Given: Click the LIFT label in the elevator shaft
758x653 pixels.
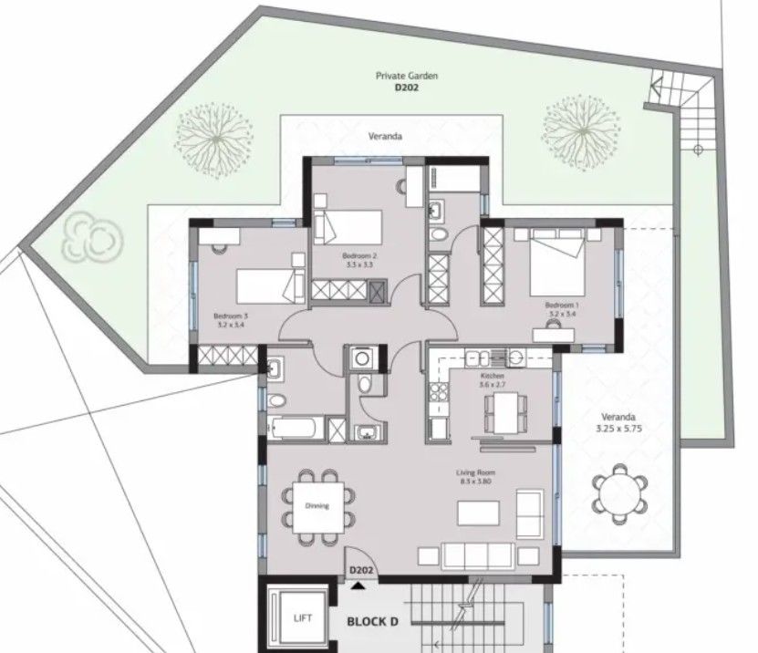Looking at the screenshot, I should point(303,618).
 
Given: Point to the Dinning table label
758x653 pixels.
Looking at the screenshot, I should point(317,506).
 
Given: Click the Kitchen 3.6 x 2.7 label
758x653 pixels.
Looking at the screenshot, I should point(492,380).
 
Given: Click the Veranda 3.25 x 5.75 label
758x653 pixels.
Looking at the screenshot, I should point(620,421).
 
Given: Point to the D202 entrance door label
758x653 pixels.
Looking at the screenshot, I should point(362,571).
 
